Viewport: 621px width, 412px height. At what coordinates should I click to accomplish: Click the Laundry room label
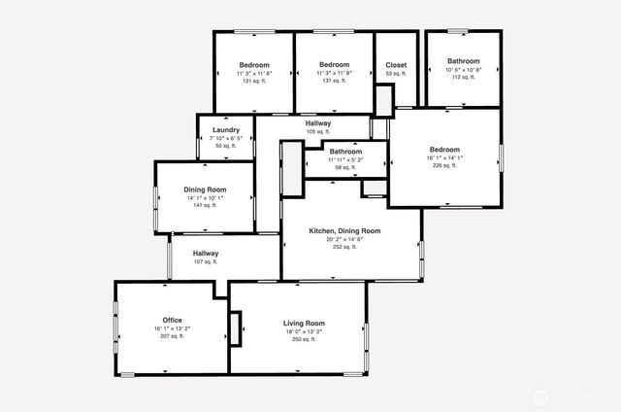[226, 130]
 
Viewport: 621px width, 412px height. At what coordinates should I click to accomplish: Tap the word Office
[173, 320]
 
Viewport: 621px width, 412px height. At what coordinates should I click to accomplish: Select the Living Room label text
[304, 323]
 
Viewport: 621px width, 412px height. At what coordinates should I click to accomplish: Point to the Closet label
[395, 65]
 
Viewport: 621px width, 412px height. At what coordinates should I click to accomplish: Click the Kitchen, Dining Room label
[344, 231]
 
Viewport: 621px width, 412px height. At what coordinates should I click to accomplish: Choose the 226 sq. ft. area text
[444, 166]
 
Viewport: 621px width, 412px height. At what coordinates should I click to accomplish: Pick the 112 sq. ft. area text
[464, 77]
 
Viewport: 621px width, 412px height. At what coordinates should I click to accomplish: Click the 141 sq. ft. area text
[205, 206]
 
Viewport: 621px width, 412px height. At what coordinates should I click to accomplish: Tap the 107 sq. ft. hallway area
[205, 261]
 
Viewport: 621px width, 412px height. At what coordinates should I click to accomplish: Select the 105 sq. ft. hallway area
[318, 132]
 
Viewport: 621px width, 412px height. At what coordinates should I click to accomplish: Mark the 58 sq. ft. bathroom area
[345, 168]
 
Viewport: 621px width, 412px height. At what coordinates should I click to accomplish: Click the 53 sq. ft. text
[395, 74]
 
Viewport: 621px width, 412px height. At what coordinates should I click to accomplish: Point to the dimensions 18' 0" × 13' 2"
[304, 331]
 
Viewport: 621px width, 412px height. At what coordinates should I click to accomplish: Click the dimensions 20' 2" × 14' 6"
[344, 239]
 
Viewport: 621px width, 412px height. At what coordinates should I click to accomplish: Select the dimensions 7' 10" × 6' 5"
[226, 138]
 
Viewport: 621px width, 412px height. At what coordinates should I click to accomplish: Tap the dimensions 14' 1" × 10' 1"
[205, 198]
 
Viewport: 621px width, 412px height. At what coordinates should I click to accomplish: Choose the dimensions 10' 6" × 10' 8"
[464, 69]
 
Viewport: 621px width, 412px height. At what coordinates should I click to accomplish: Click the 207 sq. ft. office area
[173, 336]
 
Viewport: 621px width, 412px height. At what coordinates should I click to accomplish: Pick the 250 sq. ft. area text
[304, 339]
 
